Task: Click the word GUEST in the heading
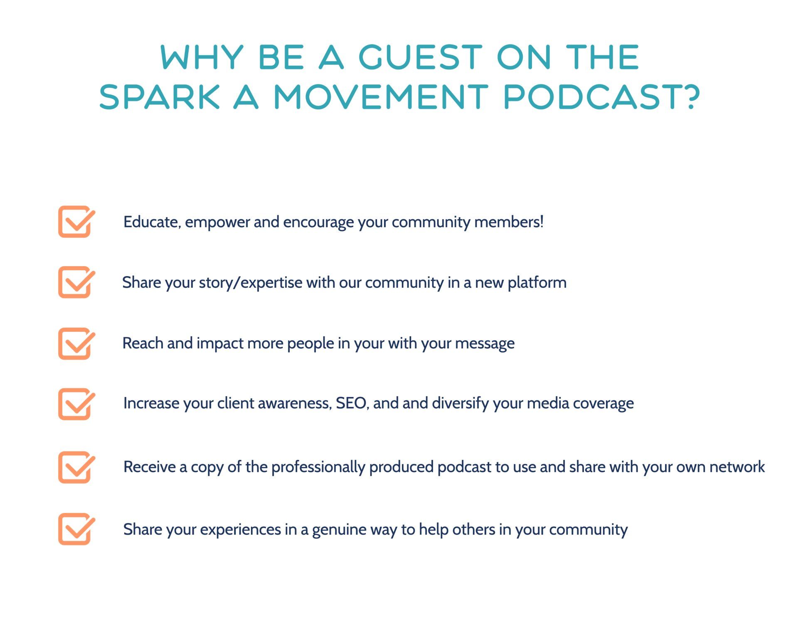click(x=420, y=57)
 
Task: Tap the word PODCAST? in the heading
click(x=602, y=96)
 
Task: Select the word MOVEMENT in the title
click(x=381, y=96)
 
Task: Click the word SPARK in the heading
click(x=160, y=96)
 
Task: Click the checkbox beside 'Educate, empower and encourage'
click(x=76, y=222)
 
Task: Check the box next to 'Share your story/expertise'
click(x=76, y=282)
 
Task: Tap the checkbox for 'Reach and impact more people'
click(x=76, y=343)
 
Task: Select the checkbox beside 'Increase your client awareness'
click(x=76, y=404)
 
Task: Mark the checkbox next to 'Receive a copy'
click(x=76, y=467)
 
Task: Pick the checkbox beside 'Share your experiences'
click(x=76, y=529)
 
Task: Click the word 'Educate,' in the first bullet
click(x=152, y=222)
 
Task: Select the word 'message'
click(x=485, y=344)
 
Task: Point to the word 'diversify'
click(x=461, y=404)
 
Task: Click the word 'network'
click(x=737, y=467)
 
